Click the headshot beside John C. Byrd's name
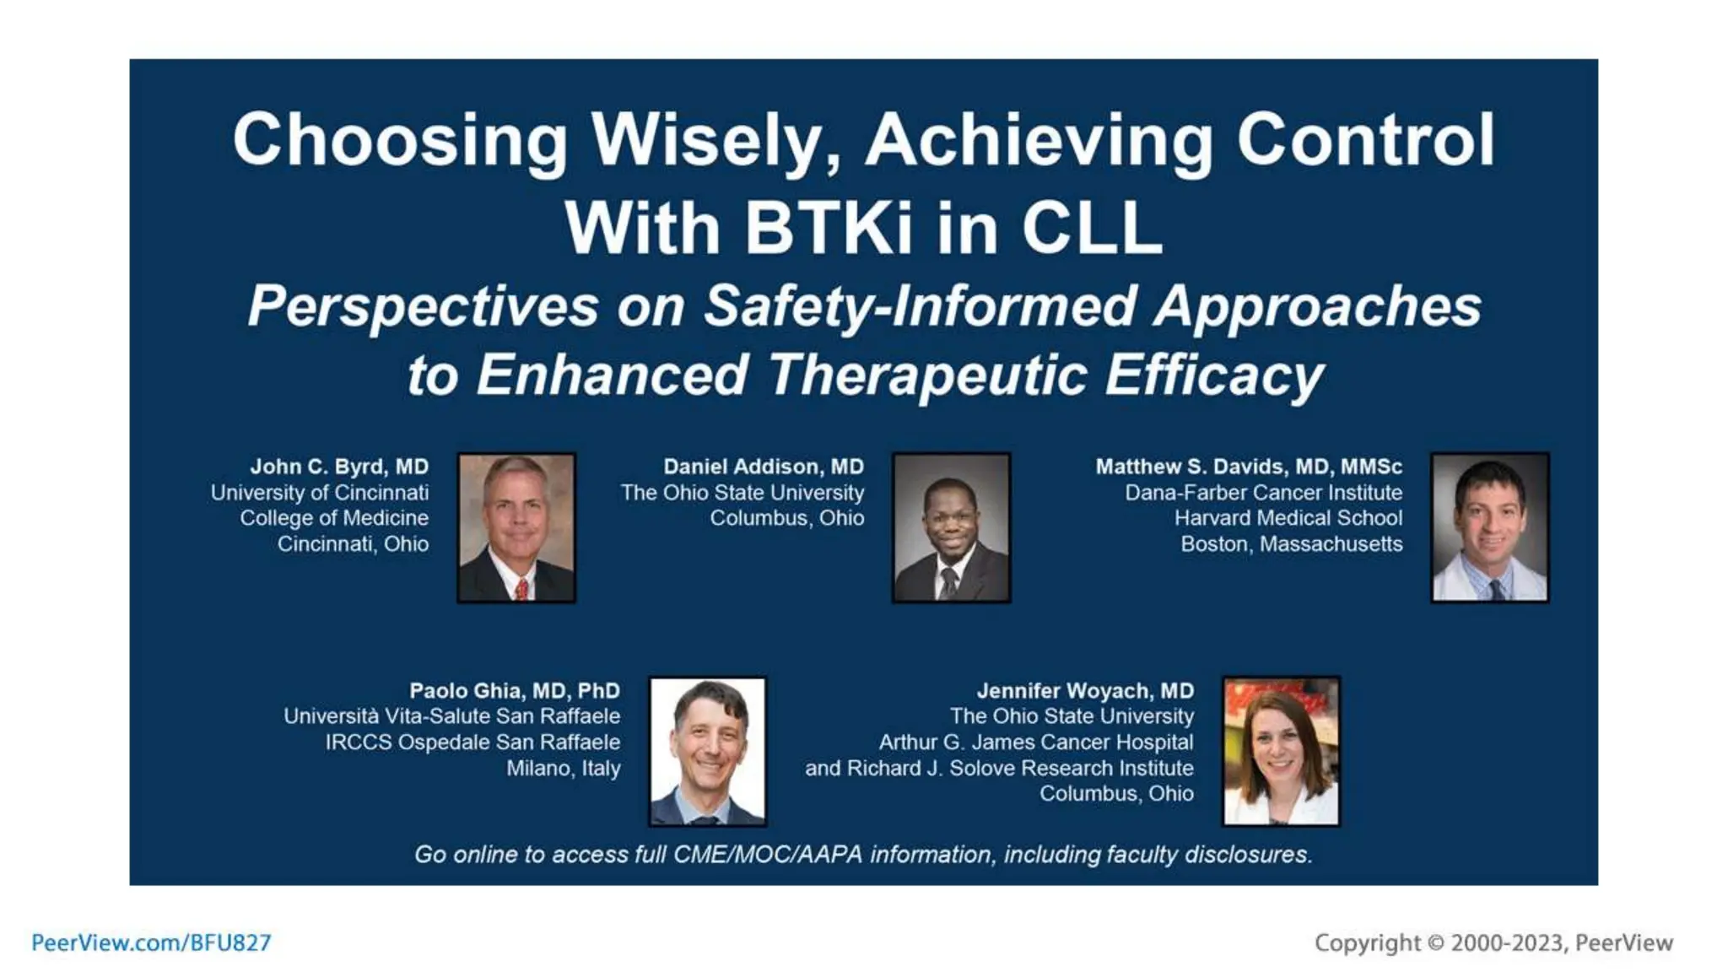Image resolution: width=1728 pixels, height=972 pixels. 516,527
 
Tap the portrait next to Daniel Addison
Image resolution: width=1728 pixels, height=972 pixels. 951,527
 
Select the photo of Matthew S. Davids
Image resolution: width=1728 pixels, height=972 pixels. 1489,527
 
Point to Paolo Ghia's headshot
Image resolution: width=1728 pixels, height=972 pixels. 707,751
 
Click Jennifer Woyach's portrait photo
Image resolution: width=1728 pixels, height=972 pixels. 1281,751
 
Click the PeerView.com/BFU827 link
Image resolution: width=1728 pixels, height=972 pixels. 151,942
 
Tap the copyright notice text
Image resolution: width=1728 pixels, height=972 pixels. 1493,942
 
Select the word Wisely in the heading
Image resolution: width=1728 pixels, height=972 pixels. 715,140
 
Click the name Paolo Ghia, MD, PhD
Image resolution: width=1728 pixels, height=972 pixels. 515,691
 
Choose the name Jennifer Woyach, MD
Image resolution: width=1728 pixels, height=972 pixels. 1085,691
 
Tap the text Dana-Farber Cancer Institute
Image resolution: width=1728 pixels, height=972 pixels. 1263,493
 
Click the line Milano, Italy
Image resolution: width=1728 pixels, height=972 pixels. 563,769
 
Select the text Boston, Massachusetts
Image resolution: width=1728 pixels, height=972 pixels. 1291,544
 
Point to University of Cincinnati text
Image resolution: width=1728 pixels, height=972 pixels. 320,493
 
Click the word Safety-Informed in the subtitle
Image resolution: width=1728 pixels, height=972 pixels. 920,305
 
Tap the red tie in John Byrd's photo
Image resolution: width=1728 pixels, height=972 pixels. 521,588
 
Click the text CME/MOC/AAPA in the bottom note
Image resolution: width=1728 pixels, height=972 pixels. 767,855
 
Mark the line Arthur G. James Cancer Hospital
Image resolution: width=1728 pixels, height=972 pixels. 1036,742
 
